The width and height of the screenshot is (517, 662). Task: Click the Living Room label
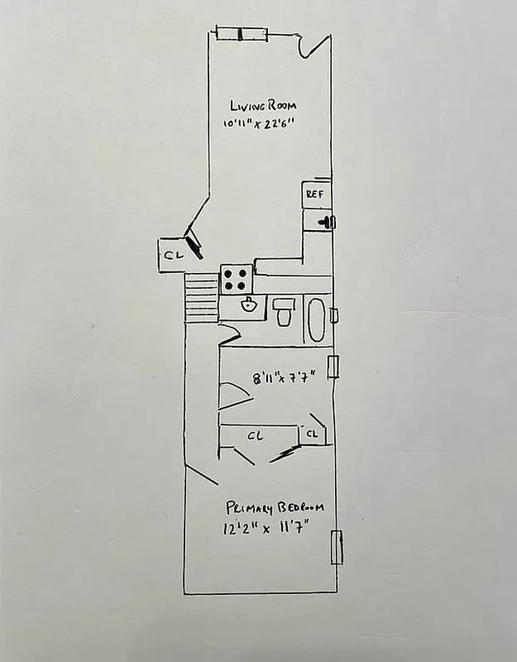tap(262, 106)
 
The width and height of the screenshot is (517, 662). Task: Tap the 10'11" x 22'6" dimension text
tap(259, 124)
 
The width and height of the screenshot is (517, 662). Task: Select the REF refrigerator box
tap(315, 194)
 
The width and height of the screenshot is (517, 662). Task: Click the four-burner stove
tap(236, 279)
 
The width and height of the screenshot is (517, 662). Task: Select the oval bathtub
tap(316, 318)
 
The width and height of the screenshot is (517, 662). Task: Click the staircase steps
tap(201, 300)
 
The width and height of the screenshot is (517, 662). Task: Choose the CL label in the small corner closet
tap(313, 434)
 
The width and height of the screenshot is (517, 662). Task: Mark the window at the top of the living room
tap(242, 34)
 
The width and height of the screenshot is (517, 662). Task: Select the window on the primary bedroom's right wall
tap(337, 548)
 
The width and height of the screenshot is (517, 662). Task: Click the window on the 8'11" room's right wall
tap(333, 366)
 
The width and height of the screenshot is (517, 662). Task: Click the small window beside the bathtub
tap(333, 315)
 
